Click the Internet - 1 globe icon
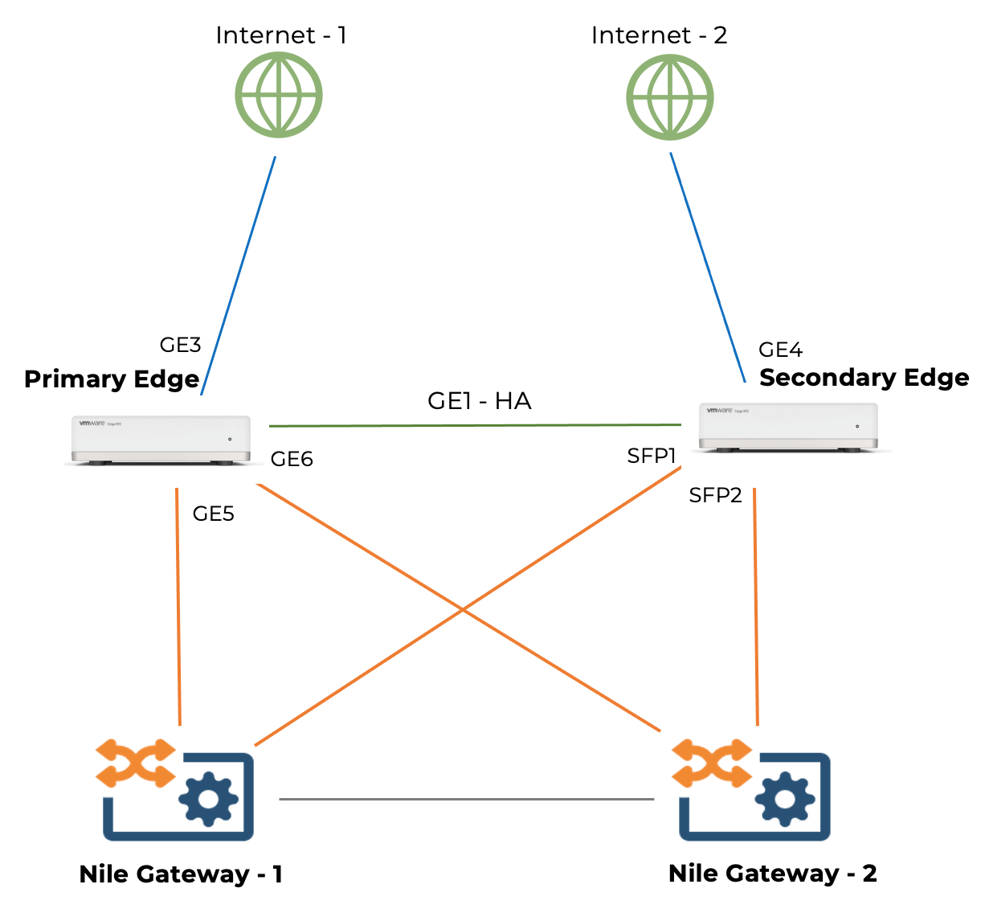pyautogui.click(x=279, y=95)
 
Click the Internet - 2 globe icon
pyautogui.click(x=669, y=97)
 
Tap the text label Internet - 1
pyautogui.click(x=281, y=35)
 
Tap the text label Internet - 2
pyautogui.click(x=659, y=35)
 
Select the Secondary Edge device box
pyautogui.click(x=788, y=426)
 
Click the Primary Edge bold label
pyautogui.click(x=112, y=379)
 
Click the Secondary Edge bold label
pyautogui.click(x=864, y=378)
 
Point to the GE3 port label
pyautogui.click(x=180, y=345)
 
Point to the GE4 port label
pyautogui.click(x=780, y=350)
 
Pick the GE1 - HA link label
pyautogui.click(x=479, y=400)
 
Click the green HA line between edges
pyautogui.click(x=474, y=425)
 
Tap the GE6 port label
pyautogui.click(x=292, y=459)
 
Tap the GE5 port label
pyautogui.click(x=213, y=514)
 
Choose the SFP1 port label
pyautogui.click(x=652, y=456)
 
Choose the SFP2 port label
pyautogui.click(x=715, y=495)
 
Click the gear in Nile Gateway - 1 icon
pyautogui.click(x=208, y=799)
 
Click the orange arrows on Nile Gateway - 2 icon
pyautogui.click(x=711, y=763)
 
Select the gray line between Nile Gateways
pyautogui.click(x=466, y=799)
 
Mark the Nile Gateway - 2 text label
pyautogui.click(x=772, y=874)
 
